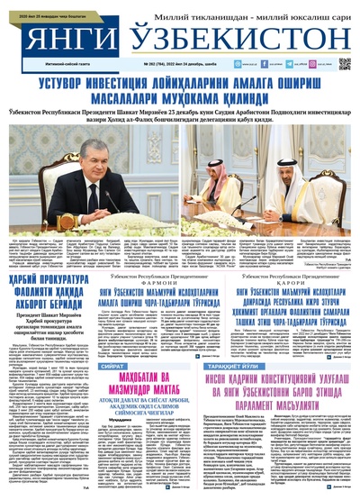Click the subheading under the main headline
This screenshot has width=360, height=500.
[x=180, y=118]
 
